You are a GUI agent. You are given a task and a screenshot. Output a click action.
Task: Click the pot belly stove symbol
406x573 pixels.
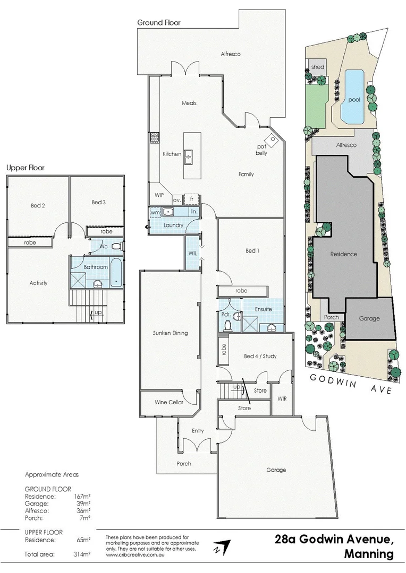click(273, 140)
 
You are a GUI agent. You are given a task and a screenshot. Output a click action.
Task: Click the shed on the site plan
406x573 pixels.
click(317, 67)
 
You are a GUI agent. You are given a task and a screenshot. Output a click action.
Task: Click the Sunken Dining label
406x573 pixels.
click(170, 333)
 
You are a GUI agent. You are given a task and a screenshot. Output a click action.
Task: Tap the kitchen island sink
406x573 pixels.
click(189, 154)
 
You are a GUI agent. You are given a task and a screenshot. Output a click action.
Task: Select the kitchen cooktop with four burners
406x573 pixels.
click(155, 138)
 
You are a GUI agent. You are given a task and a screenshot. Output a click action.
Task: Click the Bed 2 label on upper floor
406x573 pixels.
click(37, 205)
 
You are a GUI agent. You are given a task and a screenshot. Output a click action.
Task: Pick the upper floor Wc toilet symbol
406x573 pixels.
click(116, 246)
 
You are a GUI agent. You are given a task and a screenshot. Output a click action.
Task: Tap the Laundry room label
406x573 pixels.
click(174, 225)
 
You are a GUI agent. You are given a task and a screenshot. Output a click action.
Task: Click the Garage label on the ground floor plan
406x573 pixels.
click(276, 470)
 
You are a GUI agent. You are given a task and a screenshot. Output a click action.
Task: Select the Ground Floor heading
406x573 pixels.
click(159, 23)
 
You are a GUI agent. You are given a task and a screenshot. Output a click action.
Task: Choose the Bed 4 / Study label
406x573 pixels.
click(260, 356)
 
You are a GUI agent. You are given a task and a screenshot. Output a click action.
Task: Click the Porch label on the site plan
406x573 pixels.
click(331, 318)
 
